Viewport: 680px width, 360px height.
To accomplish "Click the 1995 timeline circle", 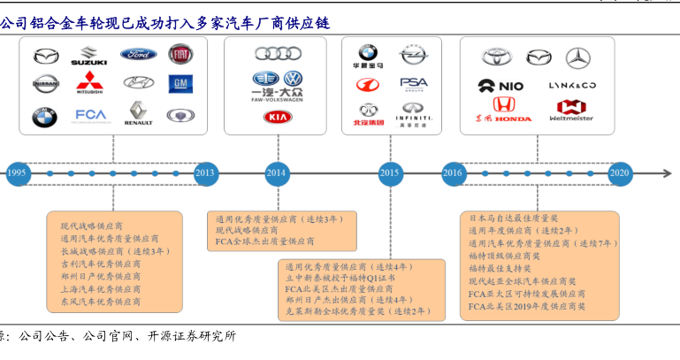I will click(x=17, y=173).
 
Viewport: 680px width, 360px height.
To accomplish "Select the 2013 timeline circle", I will click(x=205, y=173).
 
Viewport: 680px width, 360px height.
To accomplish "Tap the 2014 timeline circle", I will click(x=278, y=173).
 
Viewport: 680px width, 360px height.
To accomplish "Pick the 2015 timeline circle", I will click(x=389, y=173).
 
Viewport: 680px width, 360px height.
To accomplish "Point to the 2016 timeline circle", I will click(x=454, y=173).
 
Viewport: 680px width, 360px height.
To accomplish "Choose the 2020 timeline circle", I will click(x=620, y=173).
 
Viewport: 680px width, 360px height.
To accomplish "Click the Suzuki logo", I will click(x=88, y=57).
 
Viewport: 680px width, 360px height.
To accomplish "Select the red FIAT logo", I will click(x=180, y=55).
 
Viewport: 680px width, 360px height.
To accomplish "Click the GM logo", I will click(x=180, y=84).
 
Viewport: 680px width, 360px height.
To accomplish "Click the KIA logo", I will click(x=278, y=116).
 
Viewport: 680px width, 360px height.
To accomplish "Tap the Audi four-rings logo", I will click(x=278, y=53).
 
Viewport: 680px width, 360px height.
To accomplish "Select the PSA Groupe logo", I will click(x=414, y=84).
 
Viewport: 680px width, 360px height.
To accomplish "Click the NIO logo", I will click(x=500, y=86).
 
